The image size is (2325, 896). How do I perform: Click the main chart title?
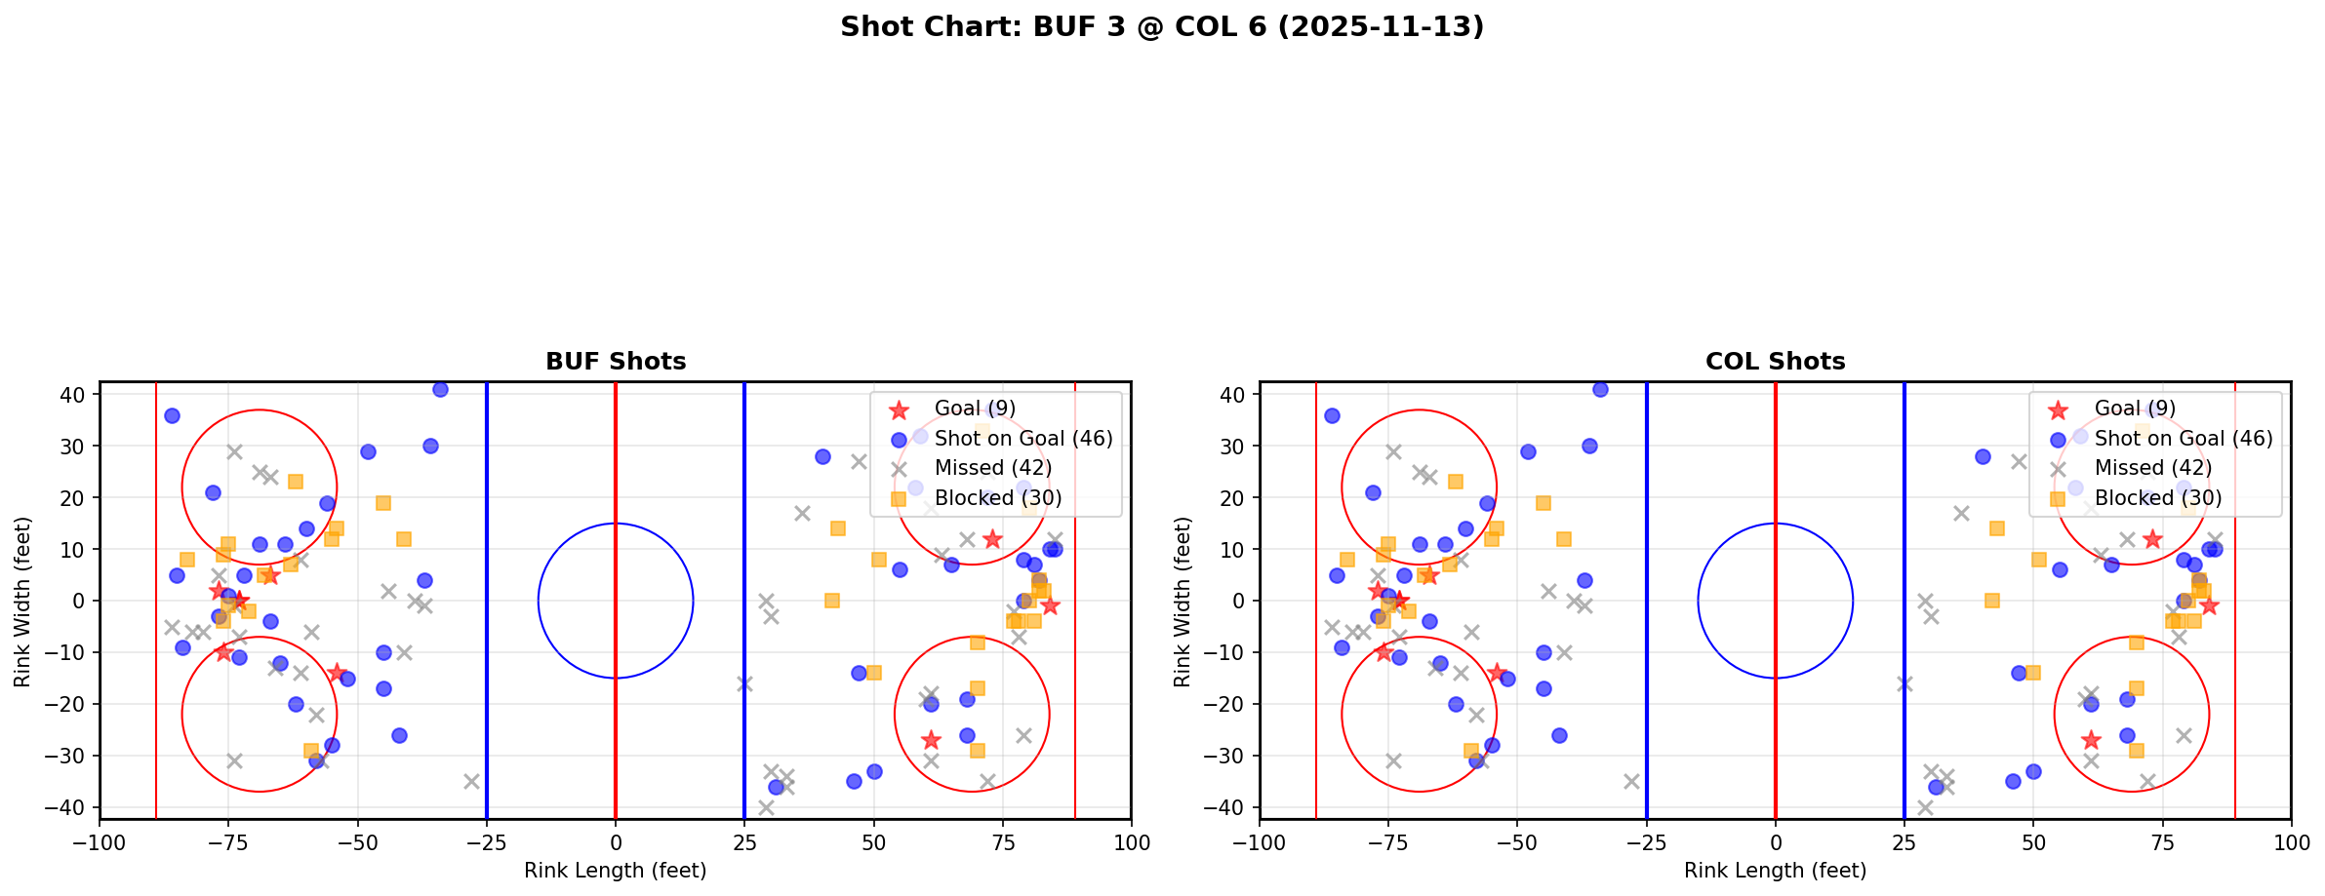[x=1161, y=26]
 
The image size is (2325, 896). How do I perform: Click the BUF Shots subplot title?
[x=616, y=362]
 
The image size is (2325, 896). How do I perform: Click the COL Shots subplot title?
[x=1775, y=362]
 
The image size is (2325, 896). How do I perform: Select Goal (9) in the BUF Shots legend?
[x=975, y=409]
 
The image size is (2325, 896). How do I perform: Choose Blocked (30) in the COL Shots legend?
[x=2157, y=498]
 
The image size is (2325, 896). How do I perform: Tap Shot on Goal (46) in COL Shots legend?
[x=2183, y=439]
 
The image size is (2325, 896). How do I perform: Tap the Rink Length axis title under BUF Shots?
[x=615, y=871]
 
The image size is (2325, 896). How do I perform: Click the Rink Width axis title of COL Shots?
[x=1183, y=602]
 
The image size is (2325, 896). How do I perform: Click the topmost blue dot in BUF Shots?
[x=440, y=390]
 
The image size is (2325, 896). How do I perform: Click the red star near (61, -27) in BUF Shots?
[x=931, y=740]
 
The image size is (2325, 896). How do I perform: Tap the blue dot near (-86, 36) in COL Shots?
[x=1332, y=415]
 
